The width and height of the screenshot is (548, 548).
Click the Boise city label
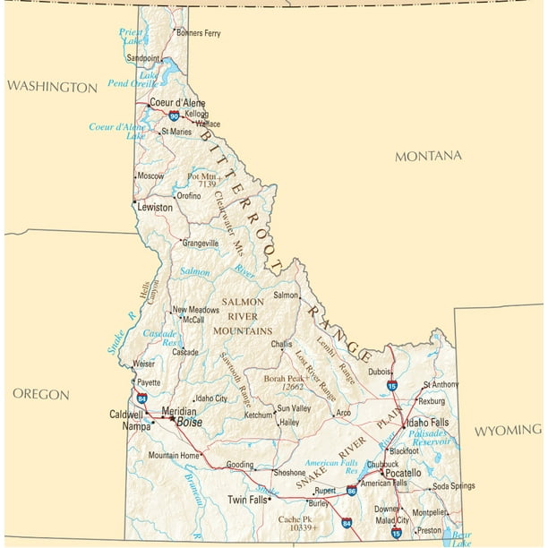tap(189, 422)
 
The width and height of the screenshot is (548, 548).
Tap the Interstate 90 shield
tap(173, 116)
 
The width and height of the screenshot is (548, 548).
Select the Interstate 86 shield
tap(352, 491)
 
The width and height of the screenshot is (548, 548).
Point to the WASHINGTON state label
tap(52, 87)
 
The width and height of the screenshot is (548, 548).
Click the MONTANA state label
tap(429, 156)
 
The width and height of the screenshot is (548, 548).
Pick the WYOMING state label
tap(508, 431)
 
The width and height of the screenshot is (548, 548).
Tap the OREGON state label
tap(41, 394)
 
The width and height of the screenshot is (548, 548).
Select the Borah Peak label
tap(286, 379)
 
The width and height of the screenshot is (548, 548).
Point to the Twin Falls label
tap(248, 501)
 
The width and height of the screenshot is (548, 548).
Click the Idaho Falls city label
tap(429, 423)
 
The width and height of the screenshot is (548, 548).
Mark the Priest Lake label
tap(132, 36)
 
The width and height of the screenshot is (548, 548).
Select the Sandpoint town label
tap(142, 58)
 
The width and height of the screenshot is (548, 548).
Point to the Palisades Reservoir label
tap(429, 438)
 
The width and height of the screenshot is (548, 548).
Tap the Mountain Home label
tap(174, 456)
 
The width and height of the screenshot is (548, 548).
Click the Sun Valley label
tap(294, 408)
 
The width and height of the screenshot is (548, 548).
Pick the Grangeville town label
tap(200, 243)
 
